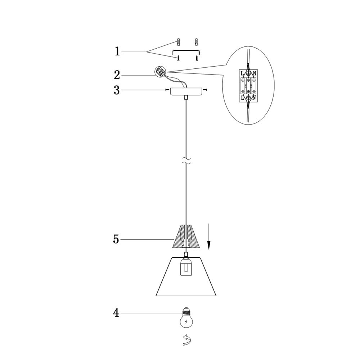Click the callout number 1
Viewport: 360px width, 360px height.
pyautogui.click(x=117, y=51)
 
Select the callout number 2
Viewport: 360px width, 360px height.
pyautogui.click(x=117, y=75)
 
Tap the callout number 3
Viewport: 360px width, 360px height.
pyautogui.click(x=117, y=90)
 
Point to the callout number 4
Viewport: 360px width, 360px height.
pyautogui.click(x=116, y=313)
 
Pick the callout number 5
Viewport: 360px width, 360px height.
pyautogui.click(x=116, y=239)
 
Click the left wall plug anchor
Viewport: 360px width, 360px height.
pyautogui.click(x=179, y=42)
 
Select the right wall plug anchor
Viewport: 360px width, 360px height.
pyautogui.click(x=196, y=42)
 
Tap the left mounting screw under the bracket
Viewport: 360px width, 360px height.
pyautogui.click(x=178, y=58)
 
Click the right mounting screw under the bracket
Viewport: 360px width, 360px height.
pyautogui.click(x=196, y=58)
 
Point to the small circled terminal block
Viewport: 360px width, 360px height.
pyautogui.click(x=160, y=71)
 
